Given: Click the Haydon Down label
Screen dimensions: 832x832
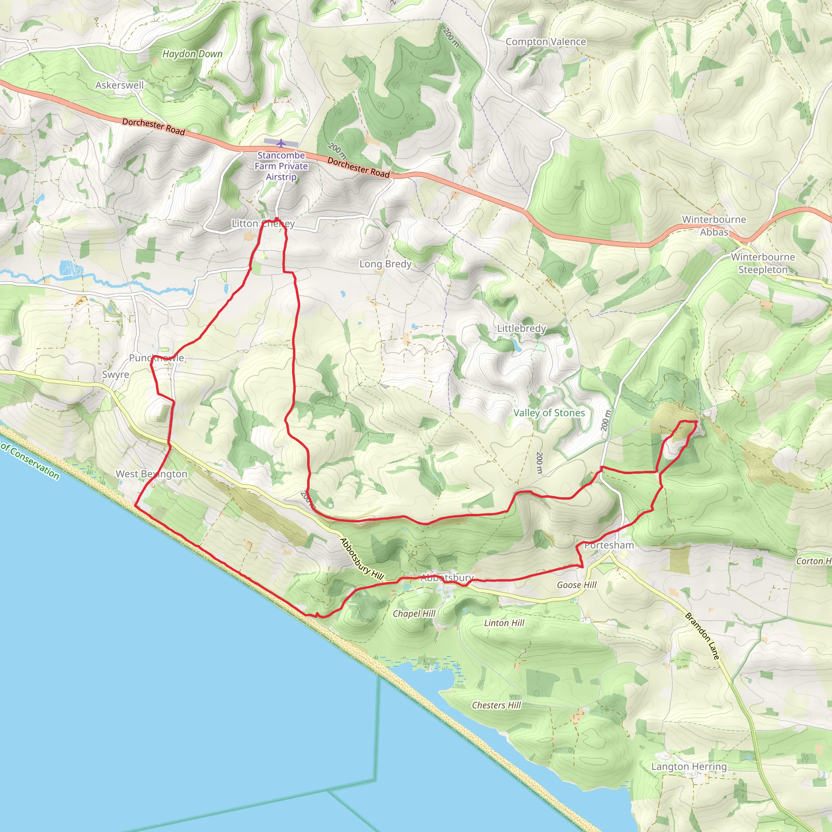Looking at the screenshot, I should [193, 54].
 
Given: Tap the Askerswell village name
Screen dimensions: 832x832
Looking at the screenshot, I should [119, 85].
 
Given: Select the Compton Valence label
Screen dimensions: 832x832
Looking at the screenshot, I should [546, 42].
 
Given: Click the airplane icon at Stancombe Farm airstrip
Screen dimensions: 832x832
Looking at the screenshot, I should [281, 143].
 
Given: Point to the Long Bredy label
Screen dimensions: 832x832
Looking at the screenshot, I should [386, 264].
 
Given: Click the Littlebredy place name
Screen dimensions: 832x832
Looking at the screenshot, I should [522, 328].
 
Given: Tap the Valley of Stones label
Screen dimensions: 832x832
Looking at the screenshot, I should [549, 413].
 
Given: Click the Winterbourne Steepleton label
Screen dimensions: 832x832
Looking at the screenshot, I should [763, 263].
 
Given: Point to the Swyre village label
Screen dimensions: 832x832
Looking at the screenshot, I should [115, 375].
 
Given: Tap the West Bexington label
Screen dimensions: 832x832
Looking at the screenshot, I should [152, 474].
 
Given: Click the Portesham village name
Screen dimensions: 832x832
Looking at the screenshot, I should [609, 545].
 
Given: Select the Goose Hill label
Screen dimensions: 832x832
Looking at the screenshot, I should [576, 585].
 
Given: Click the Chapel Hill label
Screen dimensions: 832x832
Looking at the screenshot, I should [414, 614].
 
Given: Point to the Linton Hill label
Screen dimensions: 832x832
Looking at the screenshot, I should [504, 623].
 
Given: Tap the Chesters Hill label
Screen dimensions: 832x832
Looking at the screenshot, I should [496, 705].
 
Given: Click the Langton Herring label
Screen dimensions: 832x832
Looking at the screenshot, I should [689, 767].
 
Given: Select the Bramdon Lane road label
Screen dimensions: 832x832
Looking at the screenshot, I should [702, 636].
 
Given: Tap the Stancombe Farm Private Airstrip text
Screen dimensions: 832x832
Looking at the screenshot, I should [281, 166].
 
